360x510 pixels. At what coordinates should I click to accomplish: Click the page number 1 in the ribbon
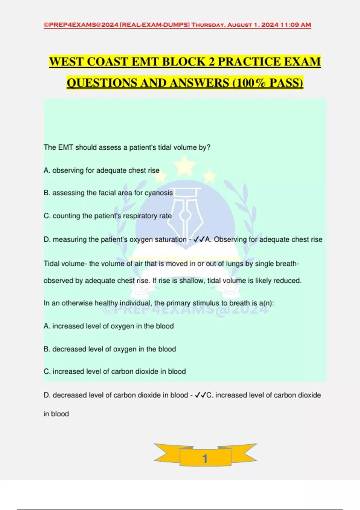(x=205, y=458)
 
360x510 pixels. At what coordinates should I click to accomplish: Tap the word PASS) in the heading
(x=286, y=83)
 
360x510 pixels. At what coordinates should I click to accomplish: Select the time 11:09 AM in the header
(x=295, y=25)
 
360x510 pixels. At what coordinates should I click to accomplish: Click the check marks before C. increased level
(x=200, y=395)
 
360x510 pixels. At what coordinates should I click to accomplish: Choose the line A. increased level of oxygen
(x=109, y=326)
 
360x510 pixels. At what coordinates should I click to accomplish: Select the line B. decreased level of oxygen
(x=110, y=349)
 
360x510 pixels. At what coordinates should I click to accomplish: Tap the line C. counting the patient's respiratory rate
(x=108, y=216)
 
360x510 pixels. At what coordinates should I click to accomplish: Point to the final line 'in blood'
(x=56, y=414)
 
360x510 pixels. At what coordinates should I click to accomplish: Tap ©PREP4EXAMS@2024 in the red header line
(x=81, y=25)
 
